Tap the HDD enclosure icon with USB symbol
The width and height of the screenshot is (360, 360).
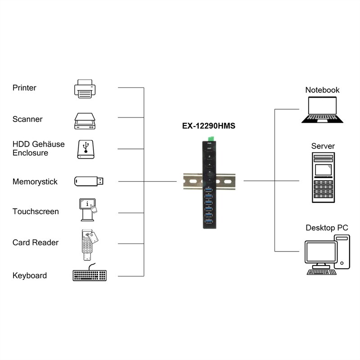pos(85,149)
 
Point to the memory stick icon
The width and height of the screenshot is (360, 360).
pos(89,181)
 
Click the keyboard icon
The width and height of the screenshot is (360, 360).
pos(90,275)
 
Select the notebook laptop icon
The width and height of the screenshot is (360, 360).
pos(322,110)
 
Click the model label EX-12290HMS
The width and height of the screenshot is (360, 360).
pos(208,126)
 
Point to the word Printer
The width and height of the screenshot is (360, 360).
pos(24,88)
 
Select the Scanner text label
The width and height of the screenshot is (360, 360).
pos(27,119)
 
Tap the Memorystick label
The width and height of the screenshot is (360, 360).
pos(35,182)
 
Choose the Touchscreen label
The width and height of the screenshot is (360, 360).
pos(36,211)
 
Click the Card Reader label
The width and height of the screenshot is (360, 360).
pos(36,243)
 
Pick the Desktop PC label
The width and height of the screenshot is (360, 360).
pos(327,228)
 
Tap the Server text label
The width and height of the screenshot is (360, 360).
pos(323,146)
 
